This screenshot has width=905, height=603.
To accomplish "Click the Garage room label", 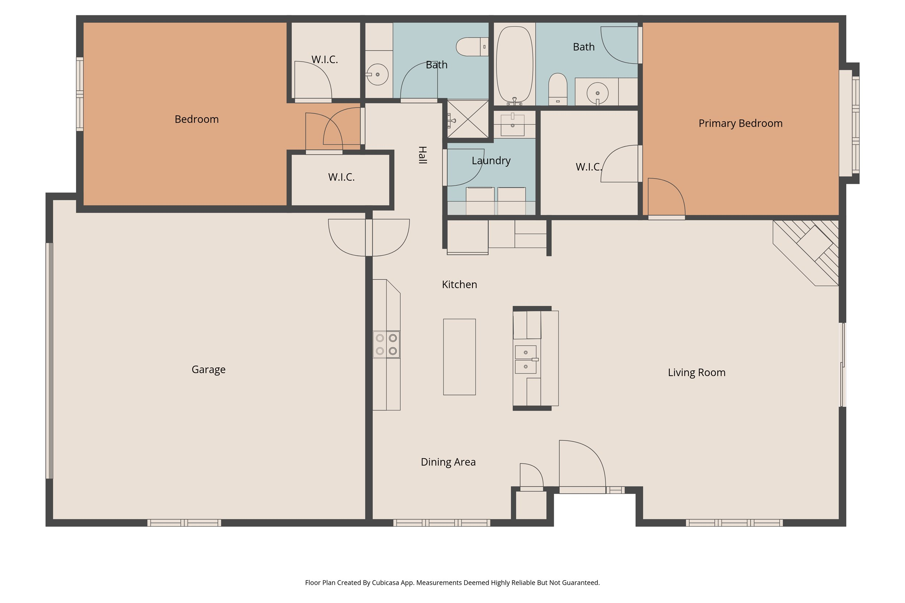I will (208, 370).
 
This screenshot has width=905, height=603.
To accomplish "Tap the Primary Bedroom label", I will (740, 123).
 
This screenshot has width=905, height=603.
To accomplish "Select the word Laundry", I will (491, 160).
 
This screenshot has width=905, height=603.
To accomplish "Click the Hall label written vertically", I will (422, 155).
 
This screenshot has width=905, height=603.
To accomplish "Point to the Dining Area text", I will (448, 462).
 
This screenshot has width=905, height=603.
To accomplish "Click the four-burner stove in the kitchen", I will (386, 345).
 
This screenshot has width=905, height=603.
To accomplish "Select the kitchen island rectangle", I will (459, 357).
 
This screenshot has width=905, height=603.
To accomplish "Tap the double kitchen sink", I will (525, 360).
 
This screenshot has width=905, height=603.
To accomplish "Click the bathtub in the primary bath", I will (514, 64).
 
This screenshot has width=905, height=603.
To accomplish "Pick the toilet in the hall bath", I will (472, 47).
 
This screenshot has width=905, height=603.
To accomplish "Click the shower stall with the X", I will (467, 119).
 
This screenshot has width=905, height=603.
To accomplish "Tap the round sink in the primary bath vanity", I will (597, 93).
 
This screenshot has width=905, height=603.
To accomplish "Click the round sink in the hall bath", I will (377, 74).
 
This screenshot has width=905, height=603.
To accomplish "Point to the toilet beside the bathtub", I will (557, 89).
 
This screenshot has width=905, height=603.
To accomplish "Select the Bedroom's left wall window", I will (80, 94).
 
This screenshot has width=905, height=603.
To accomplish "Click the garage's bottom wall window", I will (184, 523).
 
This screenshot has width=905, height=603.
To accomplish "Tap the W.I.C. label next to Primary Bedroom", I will (588, 167).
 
